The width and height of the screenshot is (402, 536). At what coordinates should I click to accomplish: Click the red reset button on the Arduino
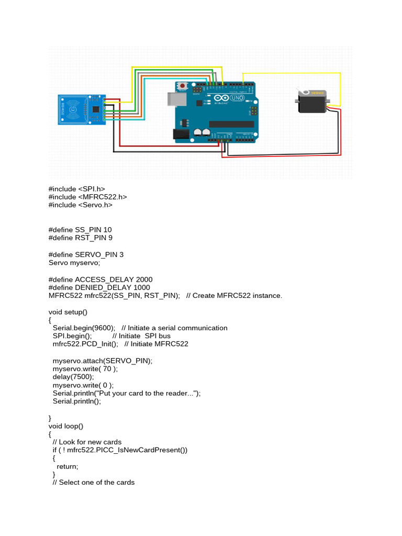click(183, 85)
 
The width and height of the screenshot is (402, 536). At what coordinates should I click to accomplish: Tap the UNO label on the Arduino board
click(237, 98)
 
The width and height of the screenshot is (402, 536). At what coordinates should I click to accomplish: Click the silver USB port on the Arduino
click(177, 99)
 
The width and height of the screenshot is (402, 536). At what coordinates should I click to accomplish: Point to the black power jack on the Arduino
click(181, 135)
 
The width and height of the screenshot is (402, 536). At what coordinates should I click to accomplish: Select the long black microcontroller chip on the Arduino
click(231, 124)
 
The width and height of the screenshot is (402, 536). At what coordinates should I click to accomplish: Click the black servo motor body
click(312, 102)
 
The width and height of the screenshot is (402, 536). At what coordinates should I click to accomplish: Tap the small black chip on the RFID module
click(96, 109)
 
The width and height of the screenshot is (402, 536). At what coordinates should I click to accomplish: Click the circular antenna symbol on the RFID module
click(72, 109)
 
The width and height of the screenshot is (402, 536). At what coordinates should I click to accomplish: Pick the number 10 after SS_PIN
click(107, 230)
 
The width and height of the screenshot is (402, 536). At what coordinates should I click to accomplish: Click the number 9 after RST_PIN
click(110, 238)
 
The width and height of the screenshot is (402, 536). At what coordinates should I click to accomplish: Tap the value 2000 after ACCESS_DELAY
click(144, 280)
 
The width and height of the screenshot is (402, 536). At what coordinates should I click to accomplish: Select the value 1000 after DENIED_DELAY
click(141, 287)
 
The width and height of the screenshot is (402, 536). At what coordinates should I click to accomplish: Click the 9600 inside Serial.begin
click(103, 328)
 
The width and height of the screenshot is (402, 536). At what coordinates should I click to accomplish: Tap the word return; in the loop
click(68, 466)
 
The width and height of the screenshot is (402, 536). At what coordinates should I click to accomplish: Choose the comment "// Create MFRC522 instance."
click(234, 296)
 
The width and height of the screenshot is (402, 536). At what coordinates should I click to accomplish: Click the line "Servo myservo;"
click(74, 263)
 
